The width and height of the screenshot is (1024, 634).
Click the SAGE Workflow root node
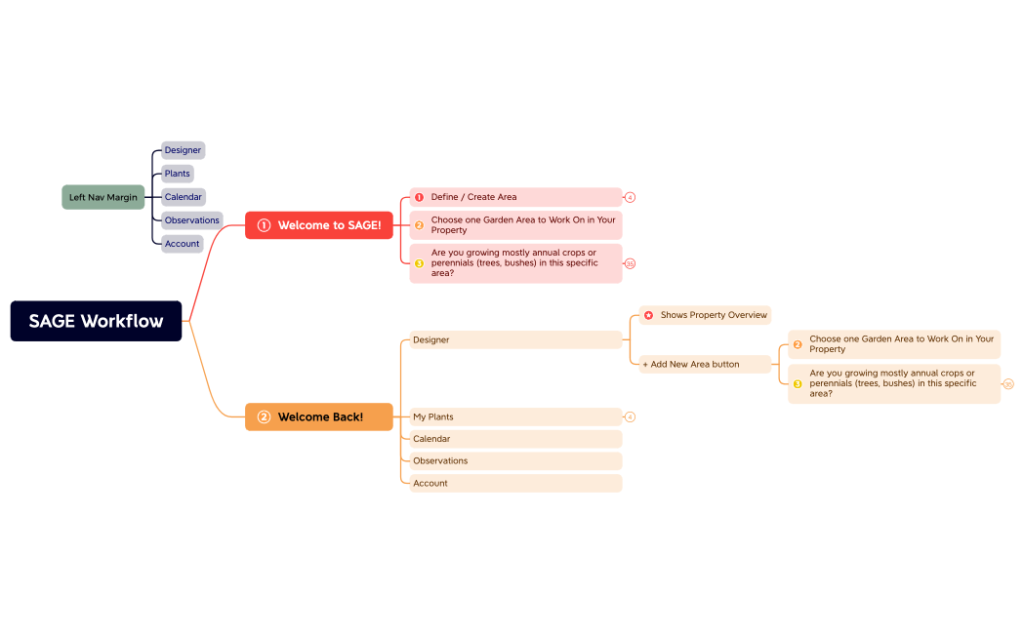(96, 321)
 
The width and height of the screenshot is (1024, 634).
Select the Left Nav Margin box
(103, 197)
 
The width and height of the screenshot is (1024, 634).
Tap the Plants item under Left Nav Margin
(178, 174)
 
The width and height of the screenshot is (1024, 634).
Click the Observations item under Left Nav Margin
(192, 220)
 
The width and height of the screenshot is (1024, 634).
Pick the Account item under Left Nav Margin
(183, 244)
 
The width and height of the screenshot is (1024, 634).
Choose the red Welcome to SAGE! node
(319, 225)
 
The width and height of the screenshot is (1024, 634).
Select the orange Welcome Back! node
(319, 416)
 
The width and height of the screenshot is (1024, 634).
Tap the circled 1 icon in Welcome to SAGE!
(264, 225)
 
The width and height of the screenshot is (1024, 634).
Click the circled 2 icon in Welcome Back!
(264, 416)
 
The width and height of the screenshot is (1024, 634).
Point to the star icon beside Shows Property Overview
(648, 315)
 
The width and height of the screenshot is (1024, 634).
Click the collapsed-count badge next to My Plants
(631, 416)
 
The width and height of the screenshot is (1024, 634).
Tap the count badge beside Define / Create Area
(631, 197)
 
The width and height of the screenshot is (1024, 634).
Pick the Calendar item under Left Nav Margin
(184, 197)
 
